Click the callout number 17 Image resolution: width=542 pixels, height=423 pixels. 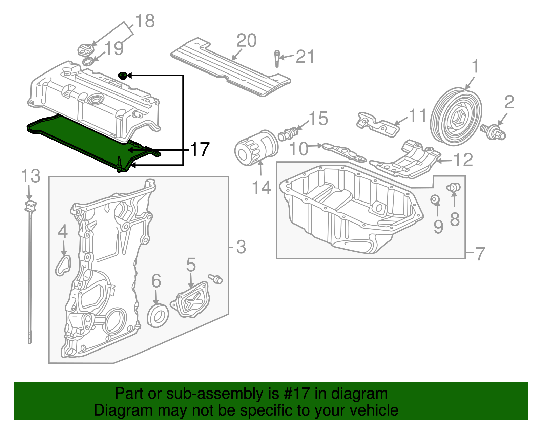click(200, 149)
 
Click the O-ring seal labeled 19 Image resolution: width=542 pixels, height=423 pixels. click(88, 62)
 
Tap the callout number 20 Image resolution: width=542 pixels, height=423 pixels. click(246, 41)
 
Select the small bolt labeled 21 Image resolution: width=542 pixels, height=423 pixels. click(277, 59)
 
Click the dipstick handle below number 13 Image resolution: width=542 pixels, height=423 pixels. click(30, 206)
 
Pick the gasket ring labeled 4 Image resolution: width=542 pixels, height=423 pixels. click(63, 265)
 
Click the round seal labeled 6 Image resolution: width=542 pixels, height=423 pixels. click(158, 316)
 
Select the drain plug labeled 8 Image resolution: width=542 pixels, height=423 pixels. click(454, 187)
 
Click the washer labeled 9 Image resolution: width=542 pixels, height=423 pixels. click(436, 199)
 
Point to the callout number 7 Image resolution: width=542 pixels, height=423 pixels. click(480, 253)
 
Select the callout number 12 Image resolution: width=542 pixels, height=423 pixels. click(463, 160)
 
